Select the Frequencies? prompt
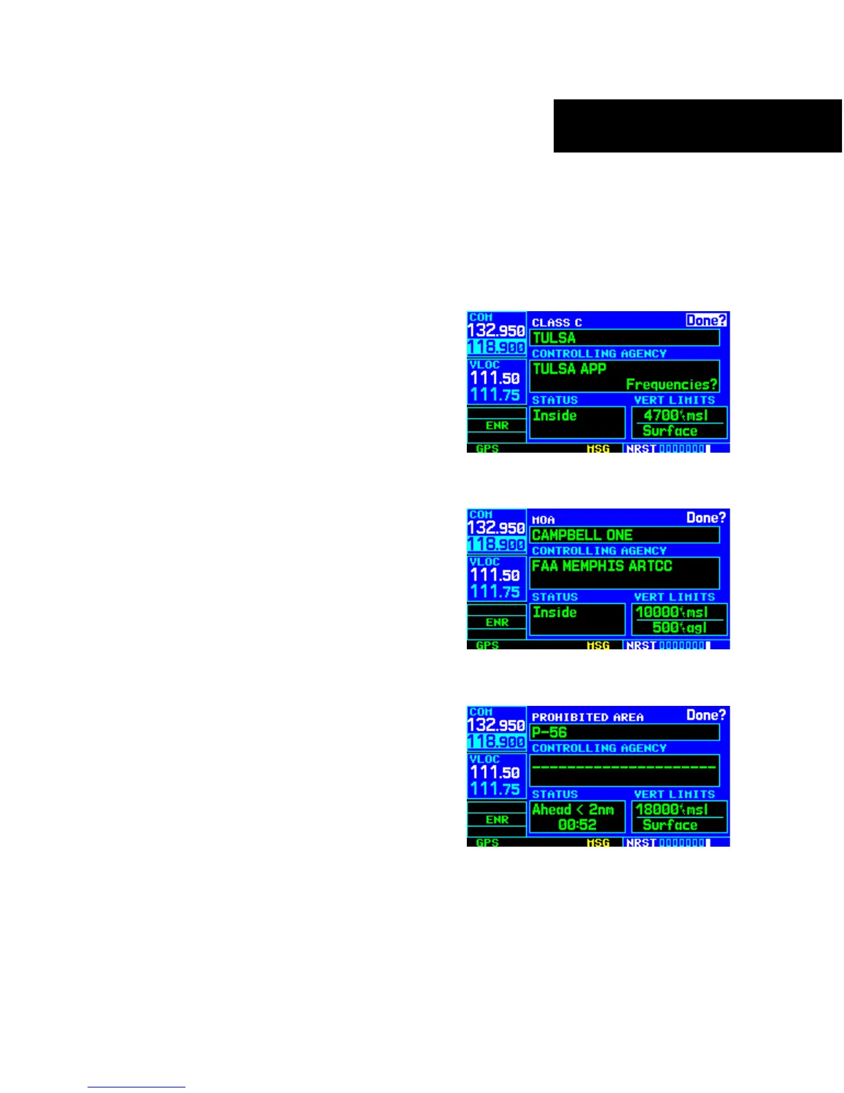(x=671, y=384)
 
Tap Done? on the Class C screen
(x=706, y=320)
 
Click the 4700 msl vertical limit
(x=676, y=415)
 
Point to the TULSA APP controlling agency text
(x=570, y=369)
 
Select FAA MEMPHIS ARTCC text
(x=601, y=567)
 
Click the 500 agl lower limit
(x=679, y=628)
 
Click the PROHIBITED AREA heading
(x=587, y=718)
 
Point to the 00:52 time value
(x=577, y=825)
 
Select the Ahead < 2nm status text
(x=573, y=810)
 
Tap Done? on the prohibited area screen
(x=706, y=716)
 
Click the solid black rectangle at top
(x=697, y=126)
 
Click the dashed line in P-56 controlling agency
(x=624, y=767)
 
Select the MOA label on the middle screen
(x=543, y=520)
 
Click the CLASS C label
(x=557, y=323)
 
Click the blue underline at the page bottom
(x=137, y=1087)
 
